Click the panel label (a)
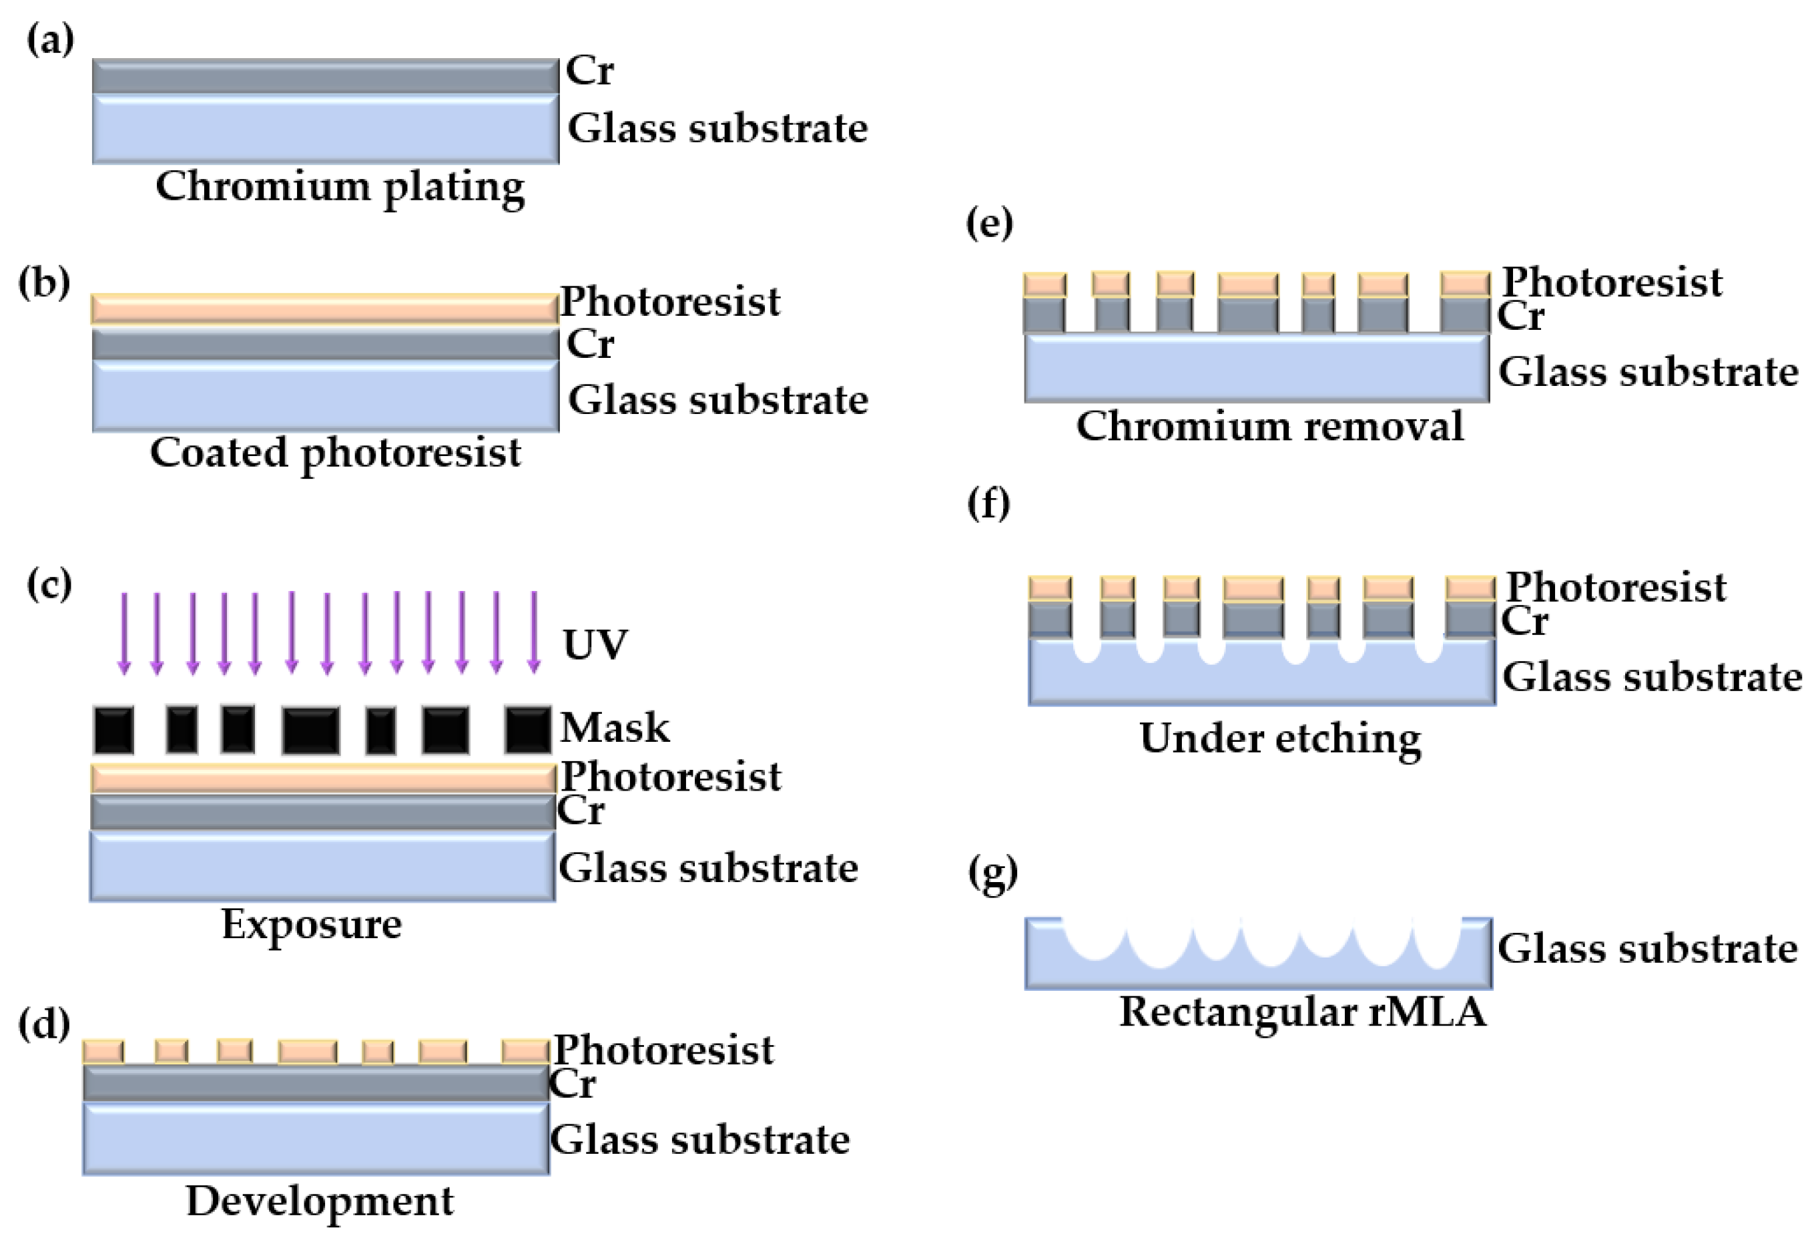pos(50,39)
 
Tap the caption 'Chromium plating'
pos(340,187)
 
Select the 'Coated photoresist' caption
pos(335,453)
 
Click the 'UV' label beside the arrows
pos(594,645)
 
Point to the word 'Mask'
pos(614,727)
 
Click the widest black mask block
pos(310,731)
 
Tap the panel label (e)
pos(988,223)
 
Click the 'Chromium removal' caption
pos(1269,426)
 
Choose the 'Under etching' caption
pos(1279,738)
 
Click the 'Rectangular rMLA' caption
pos(1302,1011)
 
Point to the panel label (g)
pos(992,872)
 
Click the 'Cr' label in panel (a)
pos(589,71)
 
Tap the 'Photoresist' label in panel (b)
pos(669,302)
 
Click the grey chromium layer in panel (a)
pos(325,77)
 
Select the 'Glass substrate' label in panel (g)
pos(1647,948)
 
